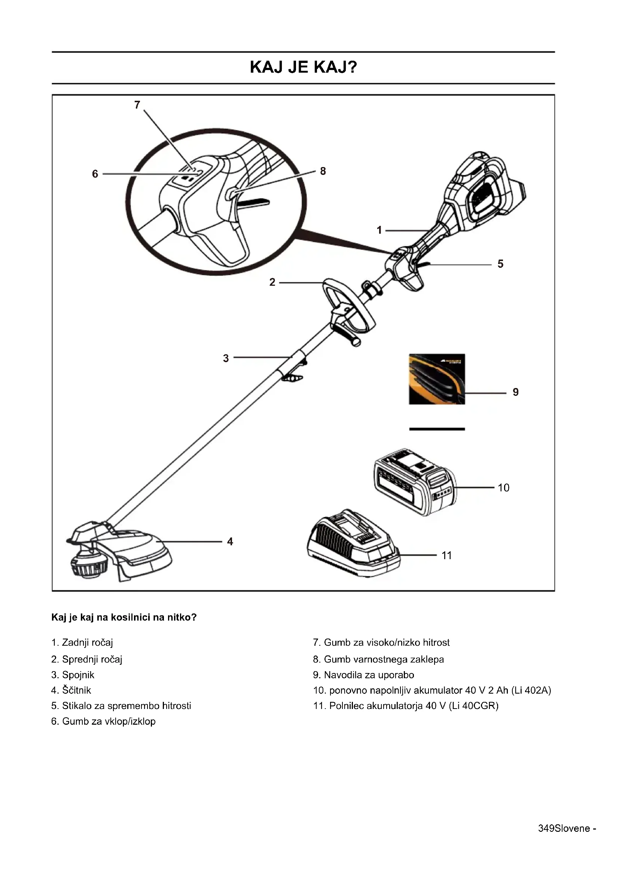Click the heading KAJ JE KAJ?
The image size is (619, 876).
tap(304, 67)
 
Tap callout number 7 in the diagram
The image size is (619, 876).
tap(137, 104)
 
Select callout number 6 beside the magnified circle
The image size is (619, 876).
tap(95, 174)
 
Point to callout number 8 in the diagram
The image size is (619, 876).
tap(323, 171)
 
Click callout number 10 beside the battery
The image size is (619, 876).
tap(503, 488)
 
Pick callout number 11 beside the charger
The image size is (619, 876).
tap(447, 555)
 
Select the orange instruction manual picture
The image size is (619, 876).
tap(437, 379)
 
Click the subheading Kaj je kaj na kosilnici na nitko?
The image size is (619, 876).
tap(124, 617)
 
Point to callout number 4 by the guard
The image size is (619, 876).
tap(230, 542)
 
